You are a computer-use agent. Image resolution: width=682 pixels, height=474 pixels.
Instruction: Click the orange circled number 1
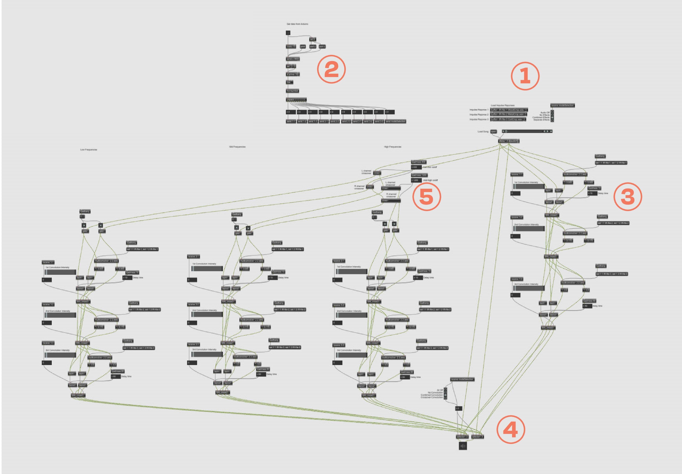pyautogui.click(x=525, y=76)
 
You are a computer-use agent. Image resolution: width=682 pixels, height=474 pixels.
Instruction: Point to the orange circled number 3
pyautogui.click(x=627, y=197)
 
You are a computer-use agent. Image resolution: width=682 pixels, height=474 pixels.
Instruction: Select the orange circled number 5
pyautogui.click(x=426, y=197)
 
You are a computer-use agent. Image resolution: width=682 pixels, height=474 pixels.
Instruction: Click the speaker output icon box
pyautogui.click(x=462, y=446)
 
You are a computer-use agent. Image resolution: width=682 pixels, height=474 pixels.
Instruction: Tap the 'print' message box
pyautogui.click(x=303, y=47)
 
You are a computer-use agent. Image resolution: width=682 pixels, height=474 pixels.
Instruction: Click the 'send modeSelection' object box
pyautogui.click(x=395, y=121)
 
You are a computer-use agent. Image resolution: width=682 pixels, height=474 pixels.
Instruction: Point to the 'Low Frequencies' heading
pyautogui.click(x=88, y=150)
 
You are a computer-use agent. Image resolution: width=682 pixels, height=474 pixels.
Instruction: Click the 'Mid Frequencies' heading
pyautogui.click(x=237, y=147)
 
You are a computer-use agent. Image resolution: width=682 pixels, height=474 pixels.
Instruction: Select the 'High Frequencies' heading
pyautogui.click(x=392, y=147)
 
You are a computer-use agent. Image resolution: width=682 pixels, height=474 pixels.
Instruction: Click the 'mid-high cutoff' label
pyautogui.click(x=430, y=180)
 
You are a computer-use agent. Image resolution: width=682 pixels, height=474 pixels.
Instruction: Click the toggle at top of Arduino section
pyautogui.click(x=288, y=33)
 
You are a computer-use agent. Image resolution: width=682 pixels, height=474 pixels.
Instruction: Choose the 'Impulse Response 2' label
pyautogui.click(x=479, y=115)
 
